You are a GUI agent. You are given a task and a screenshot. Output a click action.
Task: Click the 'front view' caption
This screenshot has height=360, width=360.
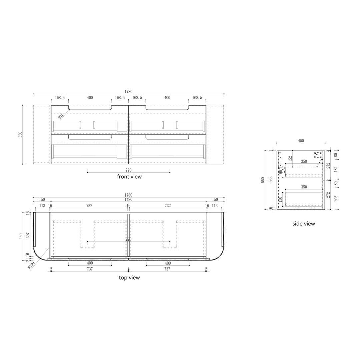point(129,177)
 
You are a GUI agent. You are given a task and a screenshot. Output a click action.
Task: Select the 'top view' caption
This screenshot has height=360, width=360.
point(129,277)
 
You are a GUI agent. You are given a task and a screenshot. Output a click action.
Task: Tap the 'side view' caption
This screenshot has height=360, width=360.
point(303,224)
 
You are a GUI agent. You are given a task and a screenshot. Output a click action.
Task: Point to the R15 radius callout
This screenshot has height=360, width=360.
point(61,115)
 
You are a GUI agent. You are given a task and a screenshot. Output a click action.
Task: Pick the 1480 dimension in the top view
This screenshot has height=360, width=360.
point(129,200)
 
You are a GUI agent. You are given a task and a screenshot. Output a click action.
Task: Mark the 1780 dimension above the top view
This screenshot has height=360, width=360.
point(129,195)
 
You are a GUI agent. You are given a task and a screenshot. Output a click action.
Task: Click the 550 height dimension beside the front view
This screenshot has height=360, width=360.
point(20,134)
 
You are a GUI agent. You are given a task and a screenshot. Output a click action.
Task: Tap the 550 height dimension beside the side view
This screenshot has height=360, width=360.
point(263,180)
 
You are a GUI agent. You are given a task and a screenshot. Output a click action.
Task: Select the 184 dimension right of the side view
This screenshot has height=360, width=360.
point(335,169)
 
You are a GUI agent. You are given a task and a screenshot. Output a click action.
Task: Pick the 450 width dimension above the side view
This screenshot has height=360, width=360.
point(301,141)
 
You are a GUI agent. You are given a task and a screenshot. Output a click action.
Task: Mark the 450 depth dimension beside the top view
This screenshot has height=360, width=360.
point(21,236)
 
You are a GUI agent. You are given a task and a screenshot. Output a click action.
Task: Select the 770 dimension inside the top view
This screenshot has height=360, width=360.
point(129,239)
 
